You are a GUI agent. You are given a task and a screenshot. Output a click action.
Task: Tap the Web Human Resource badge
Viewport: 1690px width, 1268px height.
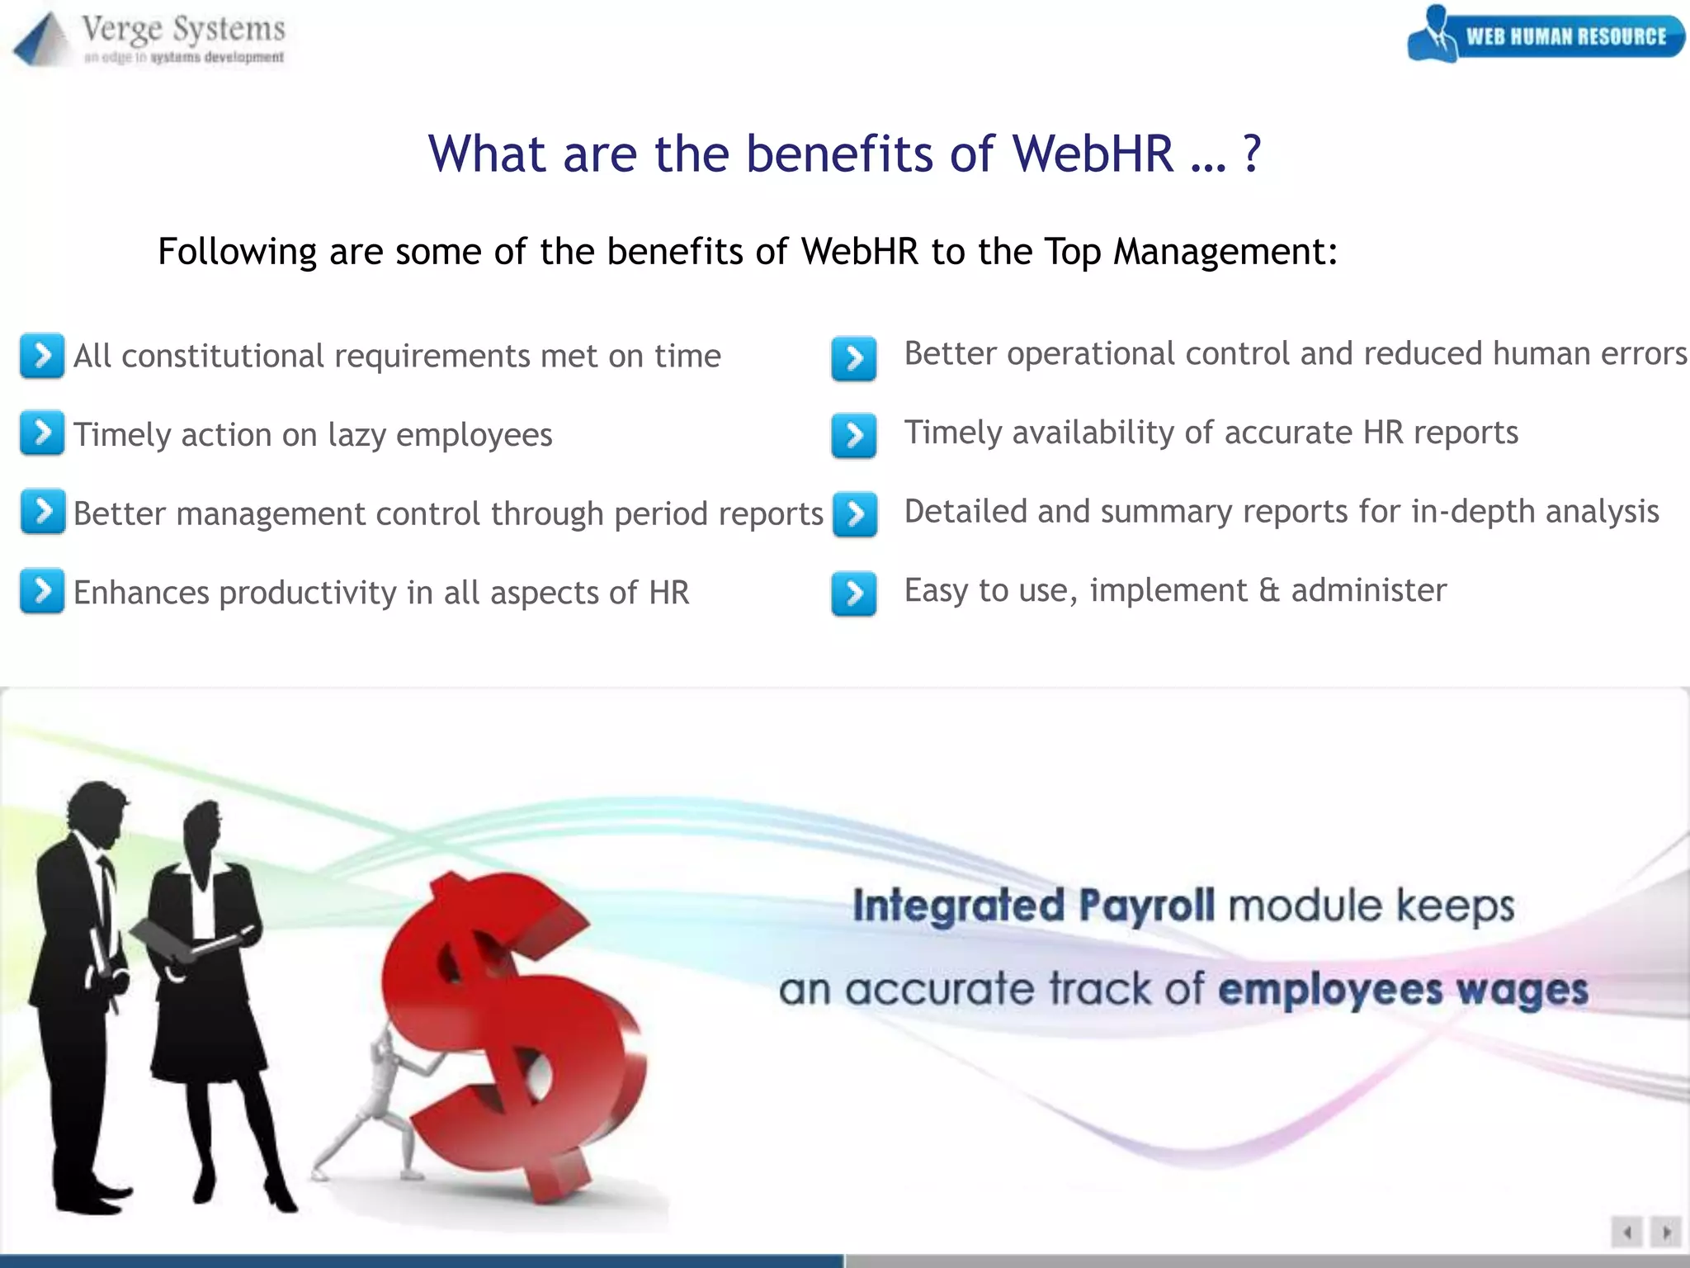click(1546, 35)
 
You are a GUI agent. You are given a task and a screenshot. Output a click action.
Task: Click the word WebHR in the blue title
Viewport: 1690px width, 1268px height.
click(1093, 154)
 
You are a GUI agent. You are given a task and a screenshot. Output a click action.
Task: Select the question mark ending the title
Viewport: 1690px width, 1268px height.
click(1251, 154)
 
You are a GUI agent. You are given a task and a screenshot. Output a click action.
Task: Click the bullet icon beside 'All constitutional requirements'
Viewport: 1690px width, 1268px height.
click(42, 356)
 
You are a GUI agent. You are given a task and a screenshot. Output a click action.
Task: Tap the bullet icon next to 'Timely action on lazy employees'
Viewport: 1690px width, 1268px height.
click(42, 433)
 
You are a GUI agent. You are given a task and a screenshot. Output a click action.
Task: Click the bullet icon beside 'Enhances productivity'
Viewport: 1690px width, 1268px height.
click(42, 591)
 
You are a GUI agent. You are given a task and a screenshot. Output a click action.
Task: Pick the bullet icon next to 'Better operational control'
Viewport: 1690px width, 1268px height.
click(854, 358)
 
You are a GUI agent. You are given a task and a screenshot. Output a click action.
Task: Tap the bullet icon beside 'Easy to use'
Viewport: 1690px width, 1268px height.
click(854, 594)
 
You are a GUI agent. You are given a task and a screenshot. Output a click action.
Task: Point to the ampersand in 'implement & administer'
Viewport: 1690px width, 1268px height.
click(1269, 591)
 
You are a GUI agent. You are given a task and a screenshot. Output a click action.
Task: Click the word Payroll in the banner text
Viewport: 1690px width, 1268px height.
click(1146, 906)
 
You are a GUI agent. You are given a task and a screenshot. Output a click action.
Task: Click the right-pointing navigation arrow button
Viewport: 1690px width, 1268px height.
click(1666, 1233)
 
